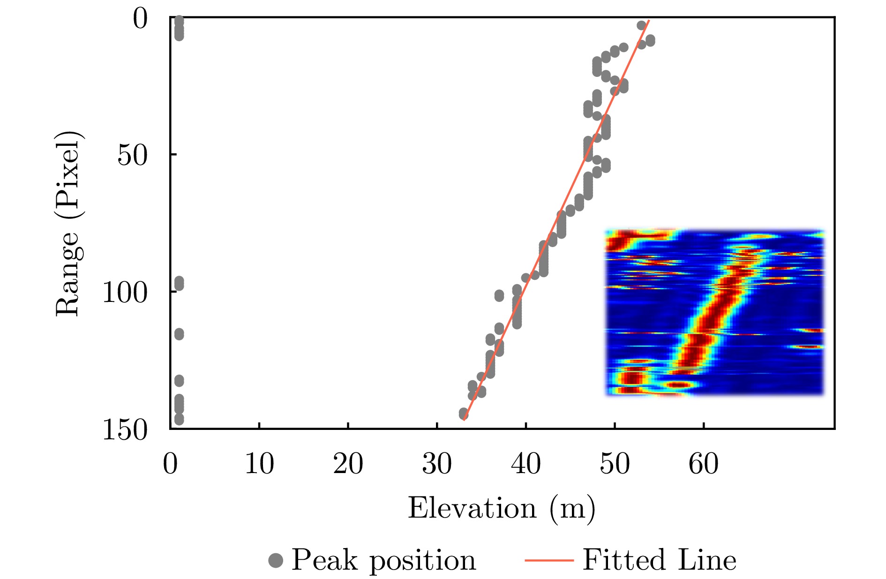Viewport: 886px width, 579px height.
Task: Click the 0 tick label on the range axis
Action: [x=140, y=20]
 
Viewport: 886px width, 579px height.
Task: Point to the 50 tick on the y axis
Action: [x=132, y=155]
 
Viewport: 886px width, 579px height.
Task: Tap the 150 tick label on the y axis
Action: [x=125, y=429]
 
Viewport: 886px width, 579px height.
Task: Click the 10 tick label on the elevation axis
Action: [x=259, y=464]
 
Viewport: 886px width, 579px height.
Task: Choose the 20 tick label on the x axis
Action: [x=348, y=464]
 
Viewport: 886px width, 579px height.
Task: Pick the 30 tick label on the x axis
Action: [x=437, y=464]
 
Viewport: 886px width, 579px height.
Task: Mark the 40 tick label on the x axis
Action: [x=526, y=464]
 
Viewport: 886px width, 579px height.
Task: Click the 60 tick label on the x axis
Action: [x=703, y=464]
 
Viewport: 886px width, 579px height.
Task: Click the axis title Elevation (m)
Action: [x=502, y=509]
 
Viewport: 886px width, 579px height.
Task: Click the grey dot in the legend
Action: [x=276, y=560]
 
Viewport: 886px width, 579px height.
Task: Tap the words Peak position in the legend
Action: [x=383, y=560]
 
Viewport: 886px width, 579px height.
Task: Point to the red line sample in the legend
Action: [x=549, y=560]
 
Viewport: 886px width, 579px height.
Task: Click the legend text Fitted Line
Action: [x=659, y=560]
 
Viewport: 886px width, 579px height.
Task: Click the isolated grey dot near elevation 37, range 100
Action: [x=499, y=296]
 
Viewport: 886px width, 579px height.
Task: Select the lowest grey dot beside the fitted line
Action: [x=464, y=414]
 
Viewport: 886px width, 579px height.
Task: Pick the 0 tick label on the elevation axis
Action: [x=170, y=464]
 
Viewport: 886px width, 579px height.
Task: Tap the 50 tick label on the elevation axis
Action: [x=615, y=464]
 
